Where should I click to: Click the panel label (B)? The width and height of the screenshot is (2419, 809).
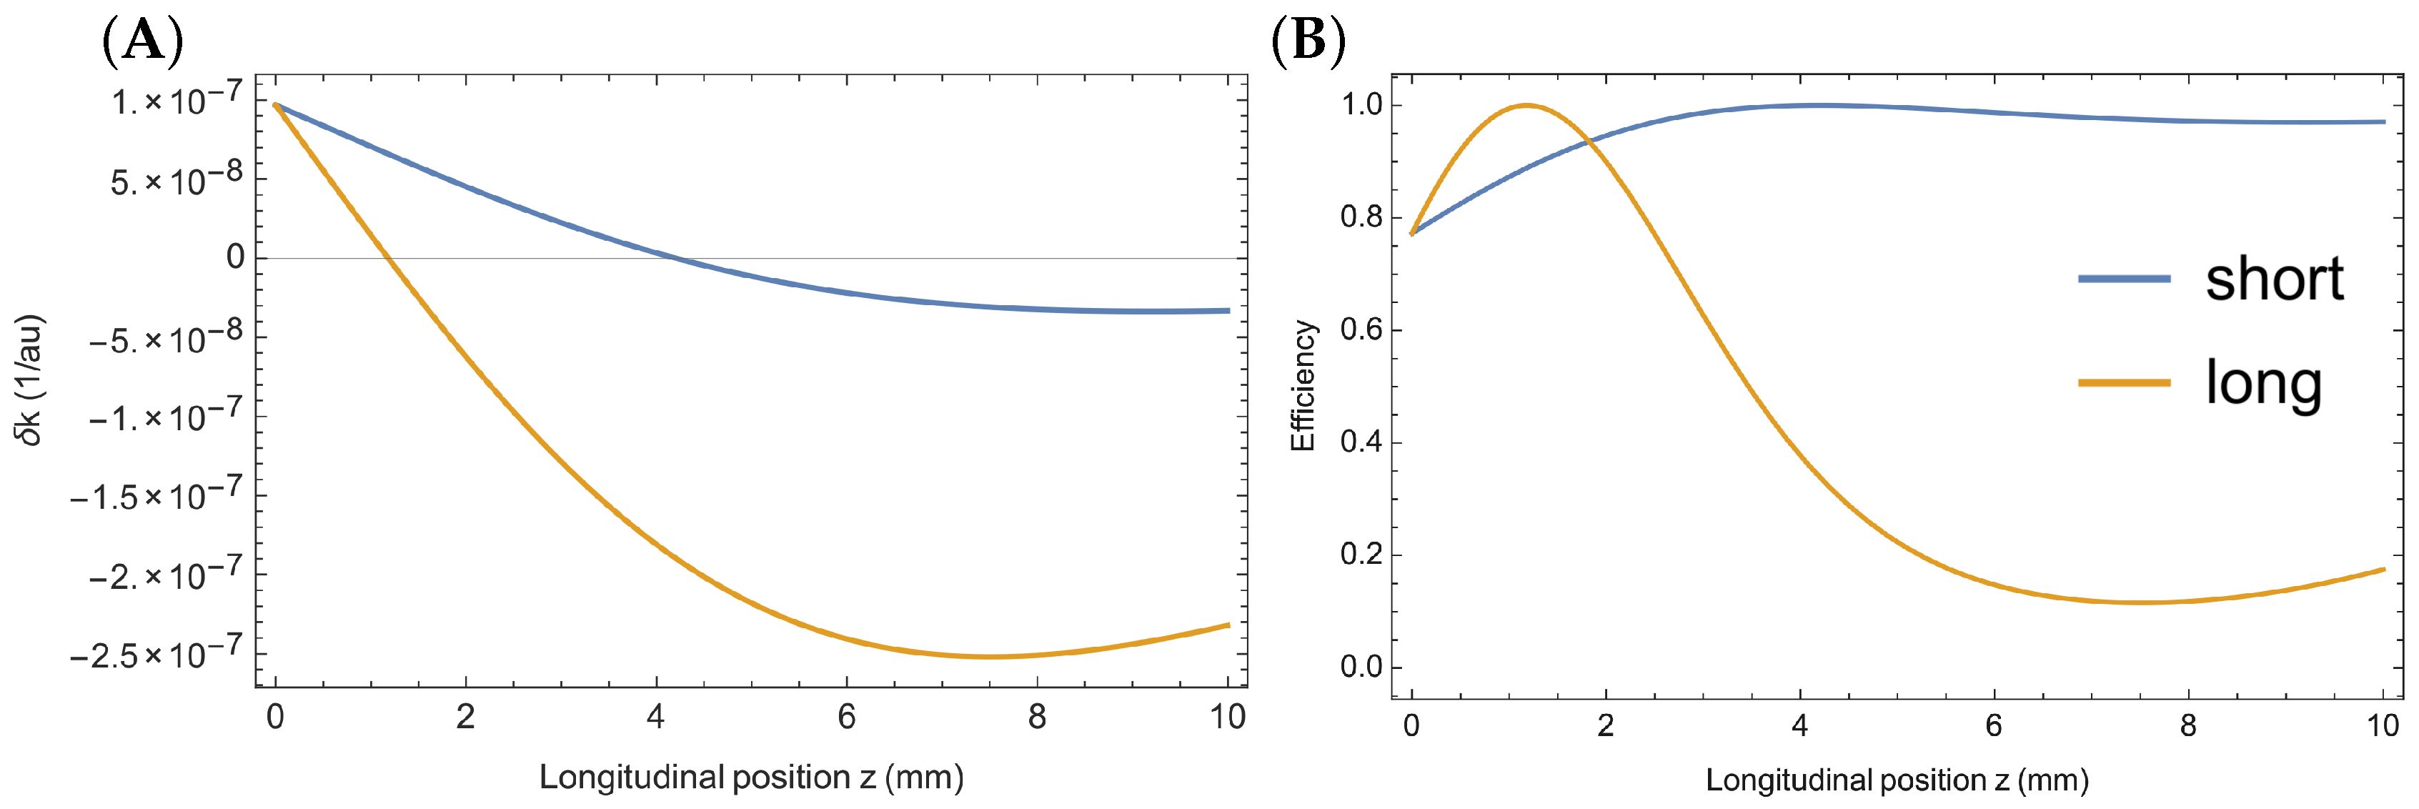tap(1307, 41)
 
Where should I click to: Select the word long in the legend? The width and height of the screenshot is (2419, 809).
tap(2263, 383)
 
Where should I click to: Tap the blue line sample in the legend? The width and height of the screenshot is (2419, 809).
tap(2124, 279)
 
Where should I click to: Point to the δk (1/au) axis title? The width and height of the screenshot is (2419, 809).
tap(30, 379)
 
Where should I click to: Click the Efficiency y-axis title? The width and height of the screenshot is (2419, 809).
tap(1303, 386)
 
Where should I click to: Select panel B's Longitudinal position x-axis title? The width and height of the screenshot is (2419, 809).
tap(1897, 780)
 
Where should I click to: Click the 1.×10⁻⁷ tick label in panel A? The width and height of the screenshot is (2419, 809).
tap(177, 99)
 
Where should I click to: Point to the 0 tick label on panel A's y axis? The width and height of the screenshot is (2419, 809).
tap(235, 257)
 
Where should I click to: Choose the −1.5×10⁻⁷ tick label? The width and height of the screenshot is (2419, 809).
tap(156, 495)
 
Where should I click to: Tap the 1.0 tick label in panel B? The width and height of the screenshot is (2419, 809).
tap(1361, 104)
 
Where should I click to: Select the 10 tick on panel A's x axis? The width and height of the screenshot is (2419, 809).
tap(1227, 718)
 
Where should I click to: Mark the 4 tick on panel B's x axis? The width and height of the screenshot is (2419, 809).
tap(1799, 725)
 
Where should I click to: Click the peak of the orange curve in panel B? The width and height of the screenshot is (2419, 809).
tap(1527, 105)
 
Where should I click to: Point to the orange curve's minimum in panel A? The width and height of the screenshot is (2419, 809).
tap(990, 657)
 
